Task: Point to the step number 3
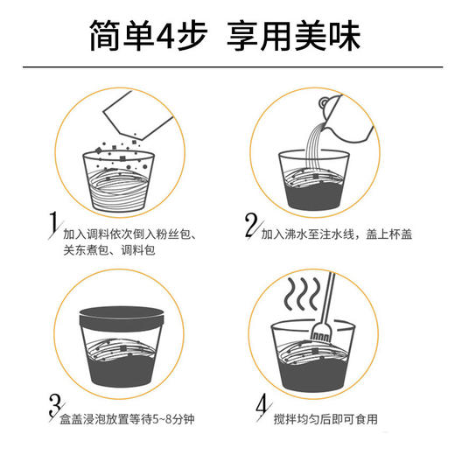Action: pyautogui.click(x=53, y=405)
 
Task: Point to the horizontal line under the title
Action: pyautogui.click(x=227, y=68)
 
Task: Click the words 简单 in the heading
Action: pyautogui.click(x=119, y=36)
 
